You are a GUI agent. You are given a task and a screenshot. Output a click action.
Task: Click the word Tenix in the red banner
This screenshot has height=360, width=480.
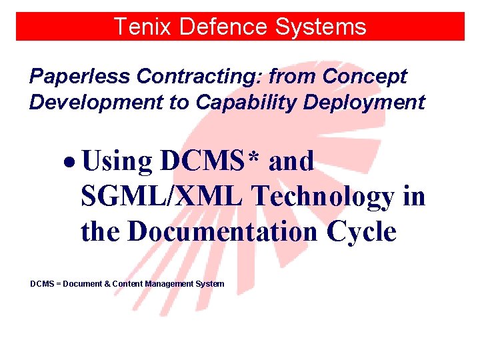click(x=138, y=27)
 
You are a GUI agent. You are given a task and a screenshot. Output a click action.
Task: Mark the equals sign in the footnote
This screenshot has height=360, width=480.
click(x=57, y=284)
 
